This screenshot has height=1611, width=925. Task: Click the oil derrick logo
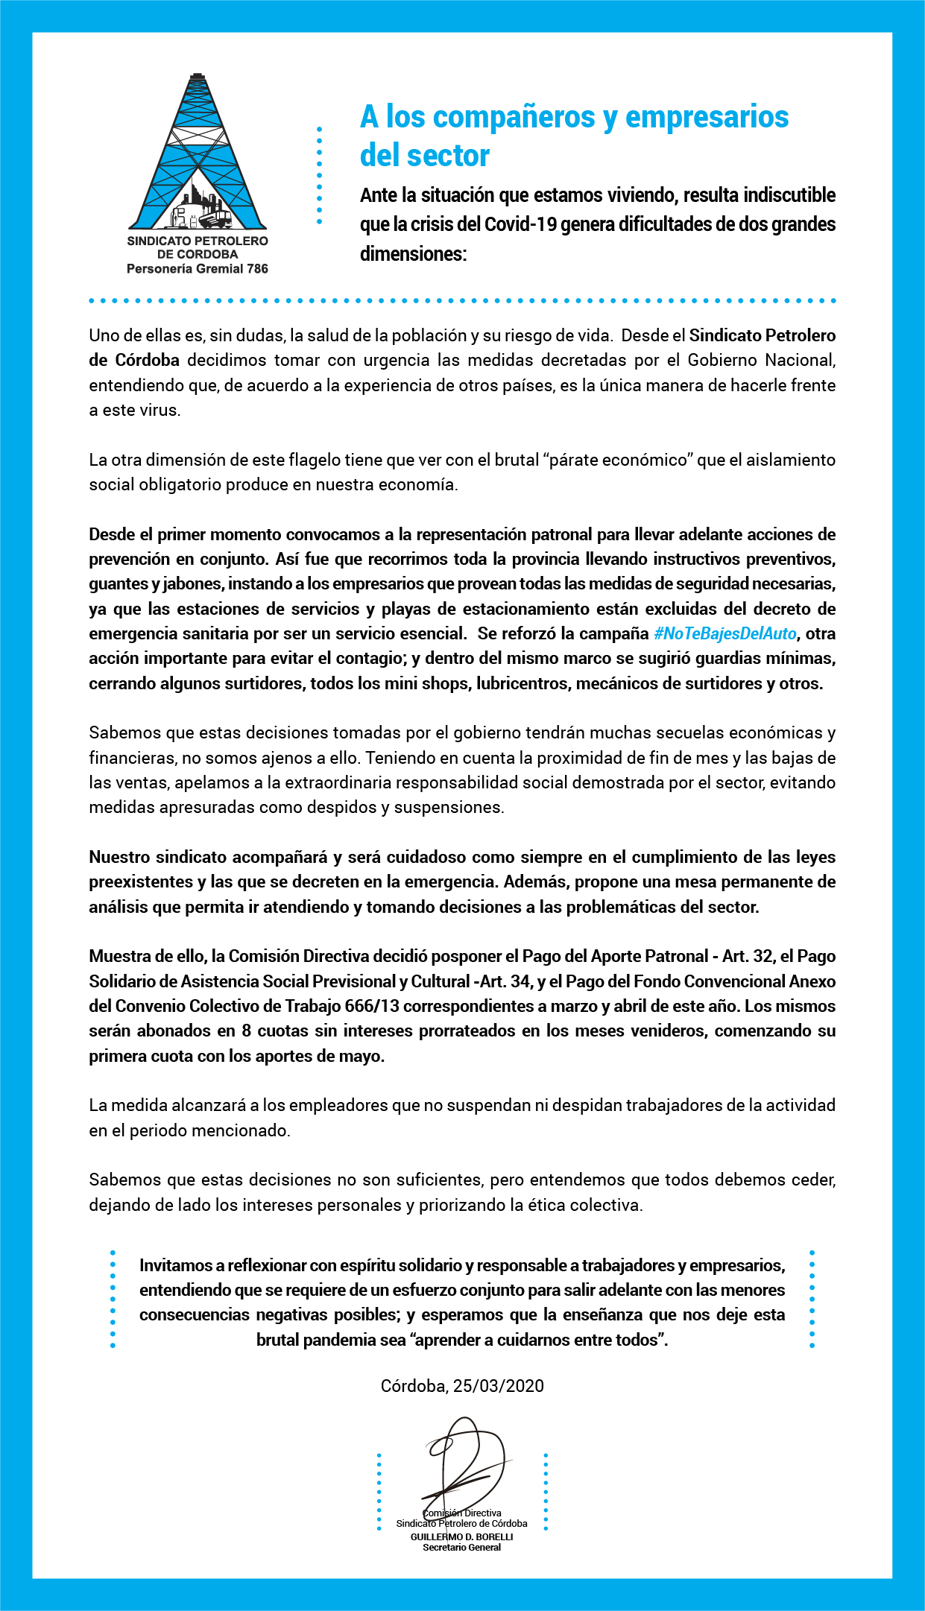tap(198, 153)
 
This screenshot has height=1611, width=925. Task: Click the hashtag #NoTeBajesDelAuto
tap(725, 633)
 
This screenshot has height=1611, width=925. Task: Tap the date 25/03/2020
tap(498, 1386)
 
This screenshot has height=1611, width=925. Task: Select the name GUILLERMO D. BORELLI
tap(461, 1536)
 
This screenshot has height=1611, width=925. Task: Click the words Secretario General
tap(461, 1548)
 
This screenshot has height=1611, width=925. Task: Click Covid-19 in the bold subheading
tap(521, 224)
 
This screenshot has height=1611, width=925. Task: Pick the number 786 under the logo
tap(257, 268)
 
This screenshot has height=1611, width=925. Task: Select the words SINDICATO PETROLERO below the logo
tap(198, 241)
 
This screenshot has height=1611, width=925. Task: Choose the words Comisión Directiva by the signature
tap(462, 1513)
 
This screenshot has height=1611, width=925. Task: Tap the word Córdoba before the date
tap(414, 1386)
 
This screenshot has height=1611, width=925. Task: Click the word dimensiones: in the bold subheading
tap(413, 254)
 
